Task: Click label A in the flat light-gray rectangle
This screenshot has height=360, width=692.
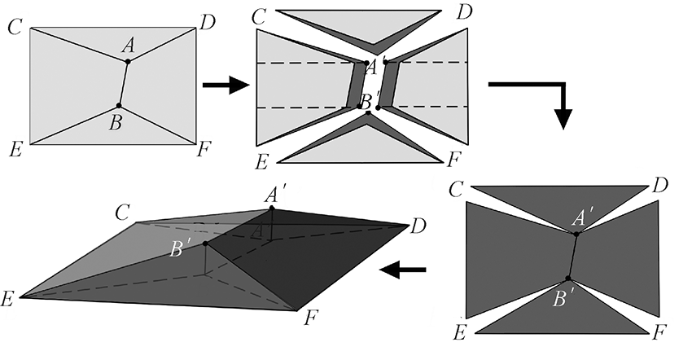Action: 128,47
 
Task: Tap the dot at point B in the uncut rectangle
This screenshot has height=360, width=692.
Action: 119,106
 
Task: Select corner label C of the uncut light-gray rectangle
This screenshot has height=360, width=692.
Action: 14,28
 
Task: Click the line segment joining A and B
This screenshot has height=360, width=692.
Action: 124,83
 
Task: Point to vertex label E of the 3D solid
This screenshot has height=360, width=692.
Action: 9,299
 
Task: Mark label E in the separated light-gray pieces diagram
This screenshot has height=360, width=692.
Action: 261,160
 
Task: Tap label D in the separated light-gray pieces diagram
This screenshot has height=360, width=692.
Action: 465,12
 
